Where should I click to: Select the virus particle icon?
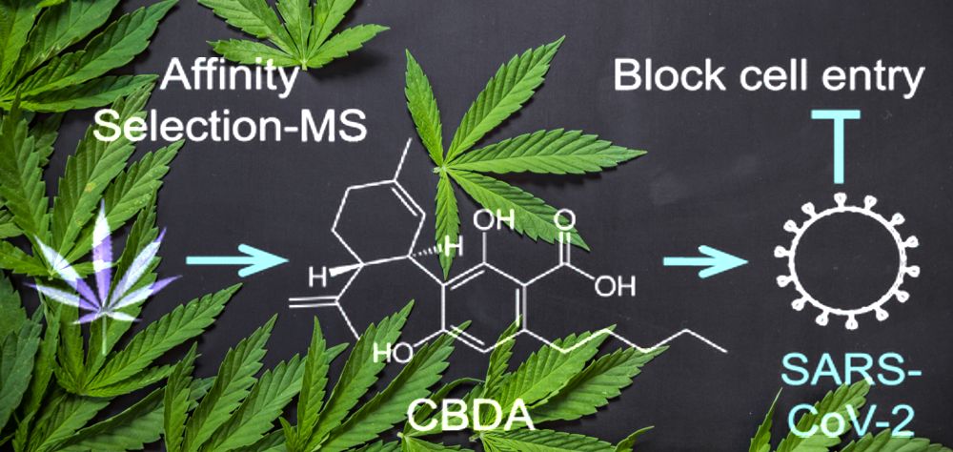tap(838, 254)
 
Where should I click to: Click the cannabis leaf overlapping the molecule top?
tap(486, 134)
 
